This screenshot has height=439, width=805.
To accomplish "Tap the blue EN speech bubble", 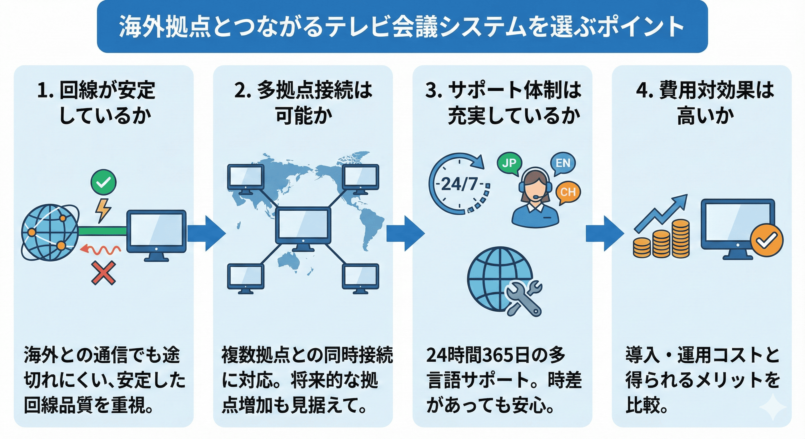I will [563, 163].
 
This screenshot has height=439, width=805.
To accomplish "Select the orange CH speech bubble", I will [568, 192].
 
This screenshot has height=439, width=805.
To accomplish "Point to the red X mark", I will [103, 273].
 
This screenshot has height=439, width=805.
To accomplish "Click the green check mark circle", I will [103, 182].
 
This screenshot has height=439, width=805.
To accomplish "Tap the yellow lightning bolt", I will [103, 210].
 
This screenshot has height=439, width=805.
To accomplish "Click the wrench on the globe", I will [524, 297].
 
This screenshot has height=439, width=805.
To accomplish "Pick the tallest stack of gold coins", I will [681, 238].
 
